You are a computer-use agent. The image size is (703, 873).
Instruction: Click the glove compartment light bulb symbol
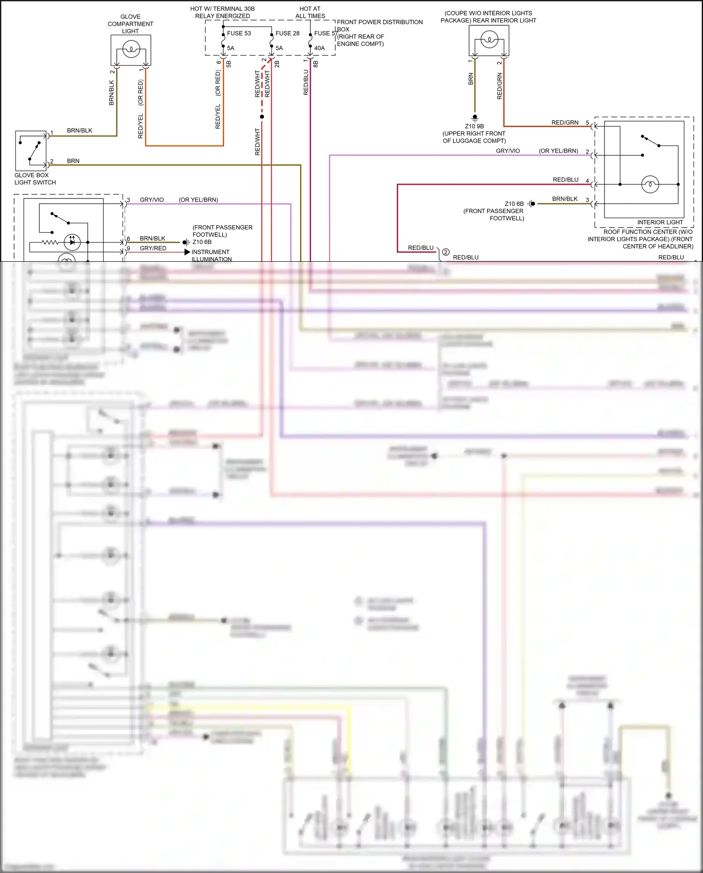click(131, 49)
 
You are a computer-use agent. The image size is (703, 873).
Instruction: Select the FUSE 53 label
click(239, 33)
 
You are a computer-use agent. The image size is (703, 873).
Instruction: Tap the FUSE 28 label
click(287, 33)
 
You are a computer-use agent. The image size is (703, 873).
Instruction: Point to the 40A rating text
click(319, 48)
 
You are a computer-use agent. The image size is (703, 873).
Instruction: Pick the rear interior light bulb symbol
click(489, 39)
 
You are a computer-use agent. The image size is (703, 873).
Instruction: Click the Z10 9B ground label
click(474, 126)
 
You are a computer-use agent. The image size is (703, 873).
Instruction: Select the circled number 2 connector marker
click(446, 252)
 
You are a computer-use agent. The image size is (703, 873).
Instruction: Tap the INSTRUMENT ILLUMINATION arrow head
click(187, 252)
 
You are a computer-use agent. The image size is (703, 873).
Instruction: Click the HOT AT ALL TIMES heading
click(310, 12)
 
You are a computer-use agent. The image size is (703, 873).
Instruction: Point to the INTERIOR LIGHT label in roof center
click(660, 222)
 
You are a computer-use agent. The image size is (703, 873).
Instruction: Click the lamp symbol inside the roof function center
click(650, 184)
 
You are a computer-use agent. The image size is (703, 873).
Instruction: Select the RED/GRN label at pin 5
click(565, 122)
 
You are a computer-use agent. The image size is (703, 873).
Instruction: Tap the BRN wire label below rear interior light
click(471, 79)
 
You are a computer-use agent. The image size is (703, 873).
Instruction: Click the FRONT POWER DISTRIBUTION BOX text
click(379, 22)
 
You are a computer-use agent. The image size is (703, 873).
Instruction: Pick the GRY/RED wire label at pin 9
click(153, 248)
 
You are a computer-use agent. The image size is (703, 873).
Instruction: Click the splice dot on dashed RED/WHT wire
click(262, 116)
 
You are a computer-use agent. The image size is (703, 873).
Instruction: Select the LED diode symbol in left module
click(72, 242)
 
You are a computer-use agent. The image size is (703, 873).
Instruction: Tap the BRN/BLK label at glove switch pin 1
click(79, 130)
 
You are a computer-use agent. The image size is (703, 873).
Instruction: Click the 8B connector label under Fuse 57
click(315, 64)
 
